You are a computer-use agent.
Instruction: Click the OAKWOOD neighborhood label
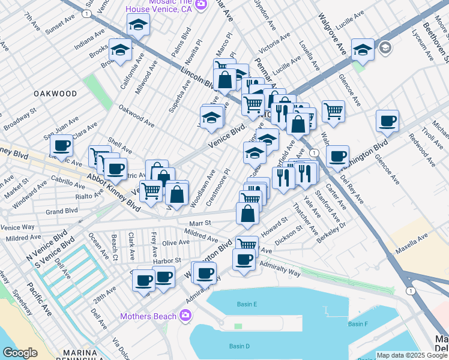pyautogui.click(x=55, y=94)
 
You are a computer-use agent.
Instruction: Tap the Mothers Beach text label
pyautogui.click(x=148, y=316)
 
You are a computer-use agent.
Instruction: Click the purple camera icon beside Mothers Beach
pyautogui.click(x=185, y=315)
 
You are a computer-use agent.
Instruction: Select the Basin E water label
pyautogui.click(x=247, y=304)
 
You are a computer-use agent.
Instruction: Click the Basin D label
pyautogui.click(x=239, y=346)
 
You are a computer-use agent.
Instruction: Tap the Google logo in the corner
pyautogui.click(x=20, y=353)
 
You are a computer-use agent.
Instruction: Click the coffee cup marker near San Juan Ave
pyautogui.click(x=62, y=145)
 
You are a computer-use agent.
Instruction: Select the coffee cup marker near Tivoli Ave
pyautogui.click(x=387, y=121)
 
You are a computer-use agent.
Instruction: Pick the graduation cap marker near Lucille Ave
pyautogui.click(x=363, y=50)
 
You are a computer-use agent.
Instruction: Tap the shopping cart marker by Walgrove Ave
pyautogui.click(x=333, y=110)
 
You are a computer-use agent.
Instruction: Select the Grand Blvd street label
pyautogui.click(x=62, y=211)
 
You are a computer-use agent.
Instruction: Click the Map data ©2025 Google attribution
pyautogui.click(x=412, y=355)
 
